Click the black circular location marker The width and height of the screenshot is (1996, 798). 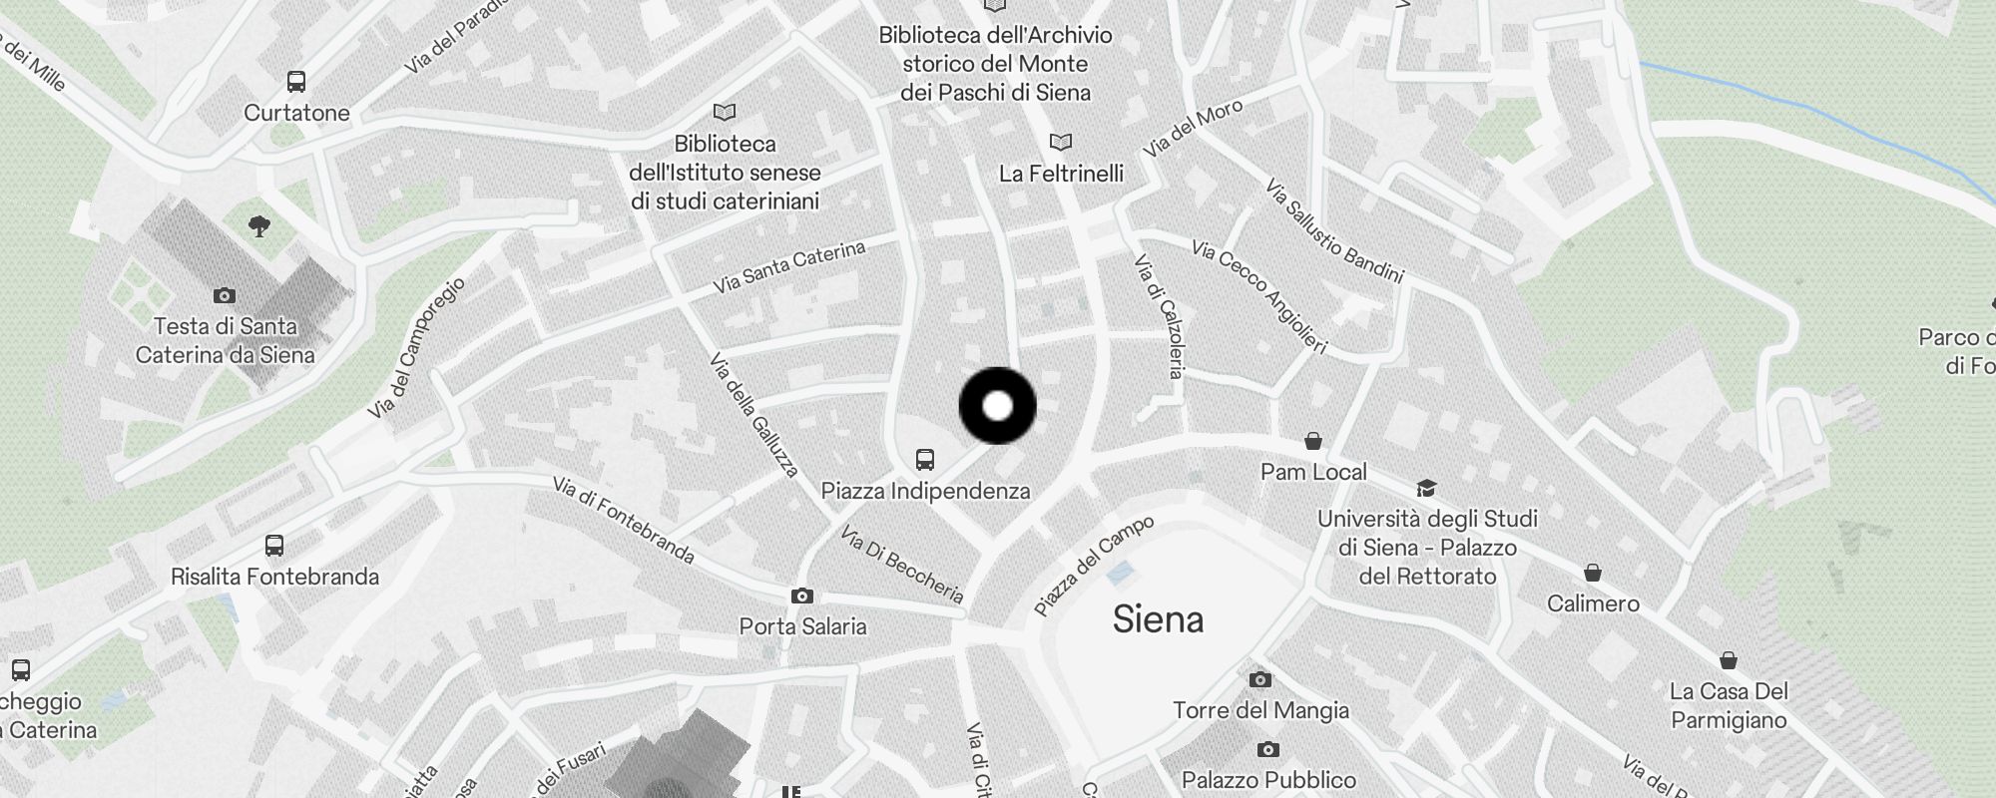point(997,406)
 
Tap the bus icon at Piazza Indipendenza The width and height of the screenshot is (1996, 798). point(925,460)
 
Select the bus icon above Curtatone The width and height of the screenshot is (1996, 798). point(296,82)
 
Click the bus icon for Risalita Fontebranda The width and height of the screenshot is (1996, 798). point(274,546)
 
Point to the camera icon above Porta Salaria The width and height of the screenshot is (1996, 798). point(801,597)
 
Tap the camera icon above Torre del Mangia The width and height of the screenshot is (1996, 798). point(1260,680)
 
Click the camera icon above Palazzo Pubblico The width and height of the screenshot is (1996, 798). point(1267,750)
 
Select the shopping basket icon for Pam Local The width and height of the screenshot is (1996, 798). point(1313,441)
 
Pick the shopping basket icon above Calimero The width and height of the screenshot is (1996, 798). point(1593,574)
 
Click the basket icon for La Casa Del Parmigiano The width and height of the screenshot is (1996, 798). point(1729,660)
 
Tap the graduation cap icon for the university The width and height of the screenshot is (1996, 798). point(1426,489)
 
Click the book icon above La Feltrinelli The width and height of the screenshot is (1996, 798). point(1061,143)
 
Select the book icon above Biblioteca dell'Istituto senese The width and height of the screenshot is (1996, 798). point(725,113)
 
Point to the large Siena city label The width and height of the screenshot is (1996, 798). point(1158,619)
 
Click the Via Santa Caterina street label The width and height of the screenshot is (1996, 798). point(788,266)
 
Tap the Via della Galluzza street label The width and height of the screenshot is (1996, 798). point(754,414)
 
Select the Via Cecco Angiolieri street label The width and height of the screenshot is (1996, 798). point(1259,296)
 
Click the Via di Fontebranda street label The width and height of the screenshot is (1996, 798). point(623,520)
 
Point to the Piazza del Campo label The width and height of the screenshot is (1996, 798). point(1094,566)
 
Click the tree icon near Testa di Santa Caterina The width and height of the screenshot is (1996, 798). point(259,226)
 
